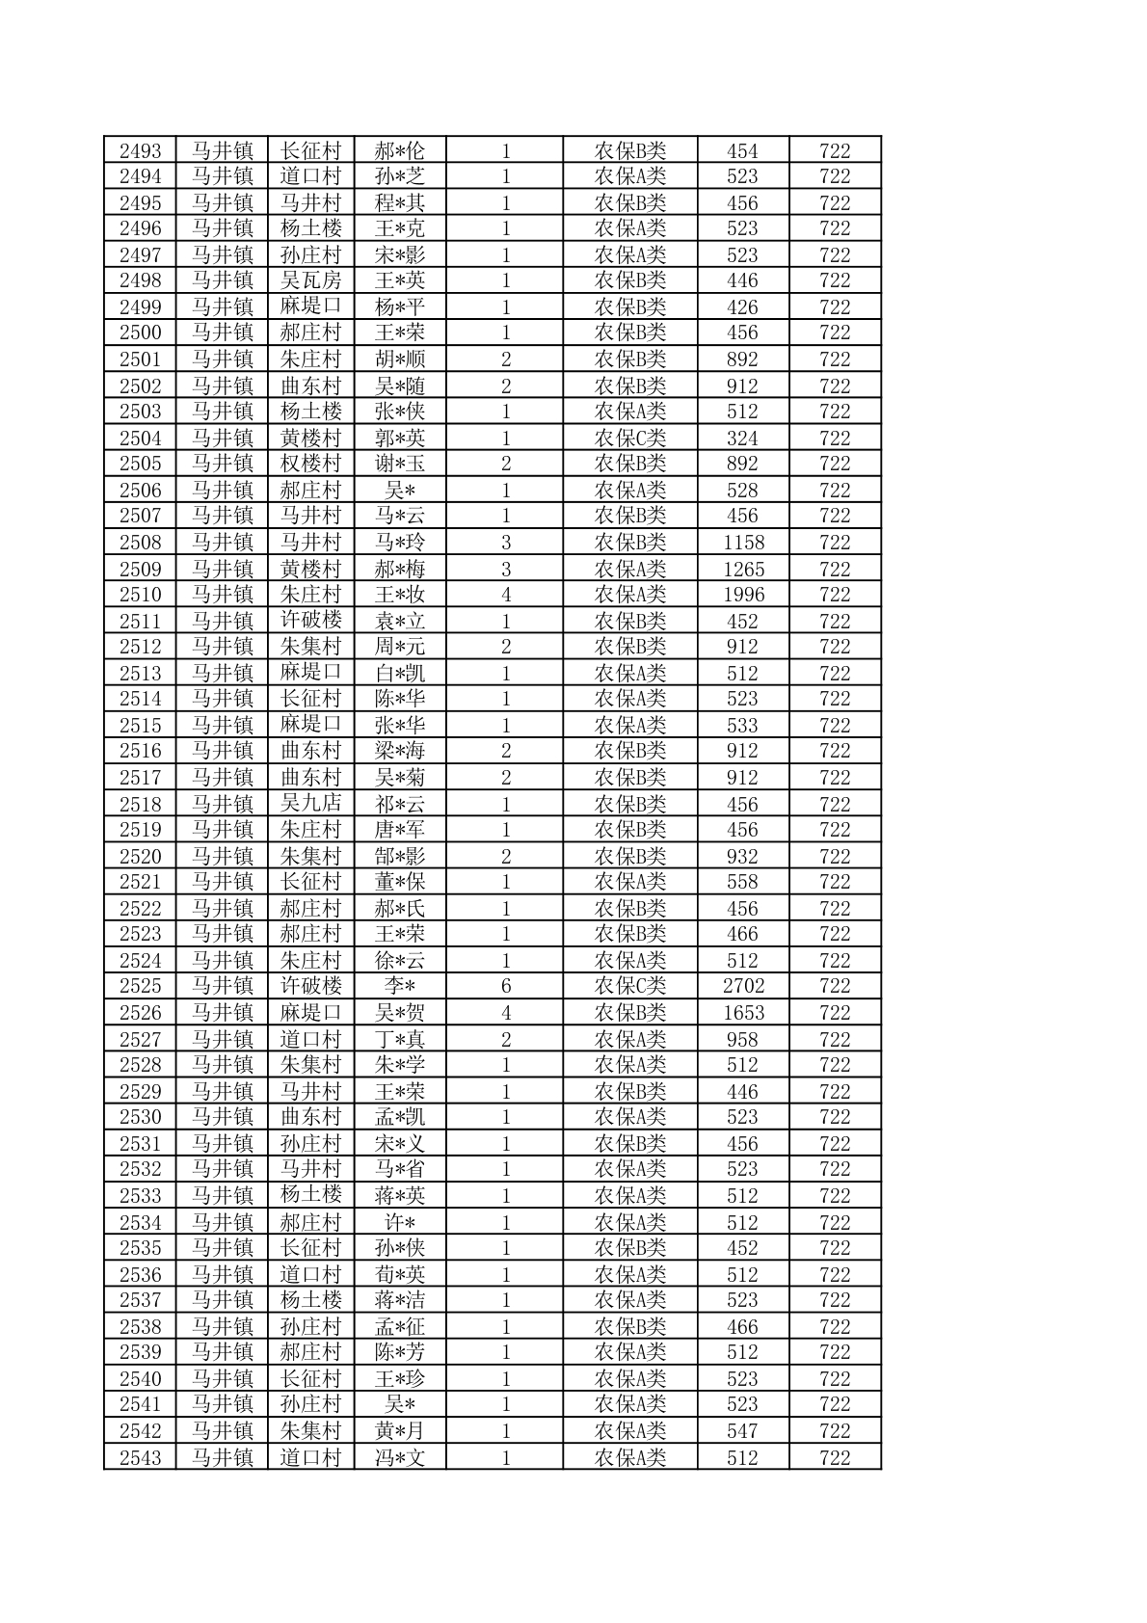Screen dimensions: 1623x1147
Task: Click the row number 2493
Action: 140,151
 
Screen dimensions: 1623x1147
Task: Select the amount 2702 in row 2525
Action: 743,986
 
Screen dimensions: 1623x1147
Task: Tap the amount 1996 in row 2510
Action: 743,595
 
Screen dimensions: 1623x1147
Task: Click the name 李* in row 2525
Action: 400,986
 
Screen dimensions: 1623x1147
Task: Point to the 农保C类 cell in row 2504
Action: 630,439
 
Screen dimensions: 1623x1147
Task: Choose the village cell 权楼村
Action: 310,464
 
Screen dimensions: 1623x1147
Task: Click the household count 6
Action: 505,986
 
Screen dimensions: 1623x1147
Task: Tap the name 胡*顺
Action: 400,359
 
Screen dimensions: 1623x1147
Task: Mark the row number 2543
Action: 140,1458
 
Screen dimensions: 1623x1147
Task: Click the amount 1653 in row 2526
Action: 743,1013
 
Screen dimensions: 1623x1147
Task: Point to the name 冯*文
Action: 400,1458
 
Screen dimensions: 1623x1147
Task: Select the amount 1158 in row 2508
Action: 743,543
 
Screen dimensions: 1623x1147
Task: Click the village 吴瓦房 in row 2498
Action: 310,280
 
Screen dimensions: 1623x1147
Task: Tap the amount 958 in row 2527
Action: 743,1040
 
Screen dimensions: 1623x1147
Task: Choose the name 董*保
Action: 400,882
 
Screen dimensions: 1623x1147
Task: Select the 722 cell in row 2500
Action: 835,333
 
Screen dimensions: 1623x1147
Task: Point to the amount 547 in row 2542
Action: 743,1431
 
